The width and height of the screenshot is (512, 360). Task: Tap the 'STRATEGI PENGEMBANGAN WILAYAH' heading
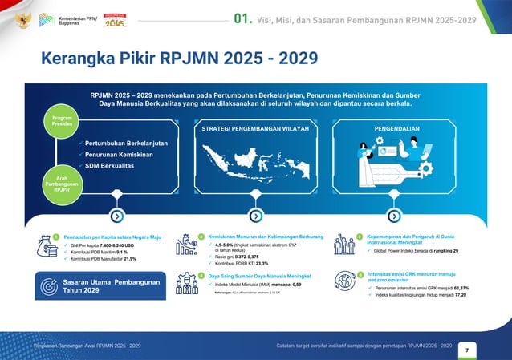(255, 127)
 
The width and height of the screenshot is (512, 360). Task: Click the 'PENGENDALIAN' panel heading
(393, 127)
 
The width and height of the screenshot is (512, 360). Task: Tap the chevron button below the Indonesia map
(255, 216)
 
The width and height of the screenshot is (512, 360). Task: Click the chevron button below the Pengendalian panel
(393, 216)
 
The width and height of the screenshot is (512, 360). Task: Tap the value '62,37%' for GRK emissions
(461, 288)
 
